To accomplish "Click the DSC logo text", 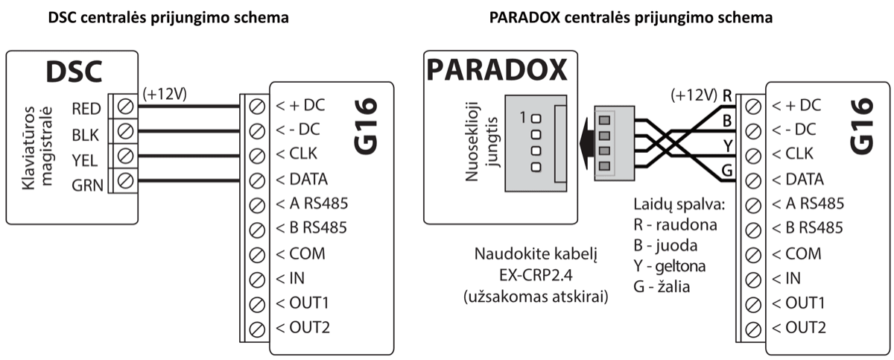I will [x=73, y=72].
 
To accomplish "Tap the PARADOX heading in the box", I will [x=496, y=72].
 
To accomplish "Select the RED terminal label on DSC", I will [x=86, y=108].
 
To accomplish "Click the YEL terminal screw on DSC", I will [x=126, y=157].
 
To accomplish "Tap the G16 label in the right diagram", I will [x=863, y=130].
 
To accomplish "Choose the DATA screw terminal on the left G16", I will [x=257, y=180].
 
